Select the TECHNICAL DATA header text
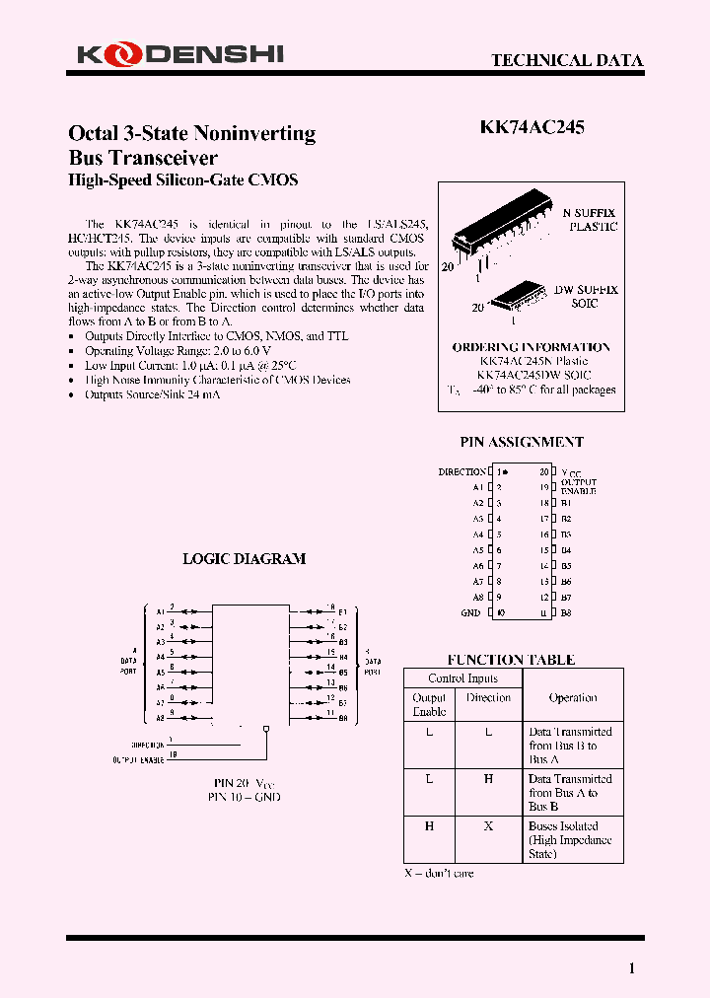[567, 60]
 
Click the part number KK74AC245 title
[532, 127]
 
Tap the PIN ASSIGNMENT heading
[522, 442]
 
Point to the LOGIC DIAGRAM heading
[245, 558]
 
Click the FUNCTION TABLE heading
[511, 660]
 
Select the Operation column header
[573, 697]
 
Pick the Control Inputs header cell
[463, 678]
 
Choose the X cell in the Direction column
[488, 826]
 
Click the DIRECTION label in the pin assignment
[461, 472]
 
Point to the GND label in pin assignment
[470, 613]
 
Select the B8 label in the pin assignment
[566, 613]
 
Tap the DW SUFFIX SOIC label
[585, 297]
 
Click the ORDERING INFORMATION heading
[531, 347]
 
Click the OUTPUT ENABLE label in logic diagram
[138, 759]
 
